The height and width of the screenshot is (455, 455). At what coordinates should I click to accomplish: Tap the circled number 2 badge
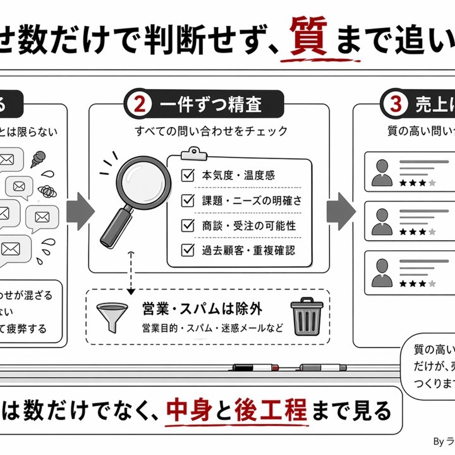coord(138,104)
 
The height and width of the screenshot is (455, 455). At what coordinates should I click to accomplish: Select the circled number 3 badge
coord(396,104)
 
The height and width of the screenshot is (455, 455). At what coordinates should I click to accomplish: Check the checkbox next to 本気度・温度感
coord(188,175)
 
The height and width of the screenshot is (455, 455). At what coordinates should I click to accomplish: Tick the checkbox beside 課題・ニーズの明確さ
coord(188,200)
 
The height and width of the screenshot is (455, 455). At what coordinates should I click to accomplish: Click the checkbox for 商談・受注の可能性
coord(188,225)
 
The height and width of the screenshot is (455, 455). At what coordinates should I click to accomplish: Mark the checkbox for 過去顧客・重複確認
coord(188,250)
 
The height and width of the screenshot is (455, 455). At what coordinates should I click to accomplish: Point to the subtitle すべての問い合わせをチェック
coord(211,131)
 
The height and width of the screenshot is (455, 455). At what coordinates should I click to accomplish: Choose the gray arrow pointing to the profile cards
coord(340,207)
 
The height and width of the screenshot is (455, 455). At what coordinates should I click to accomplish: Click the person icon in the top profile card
coord(382,172)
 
